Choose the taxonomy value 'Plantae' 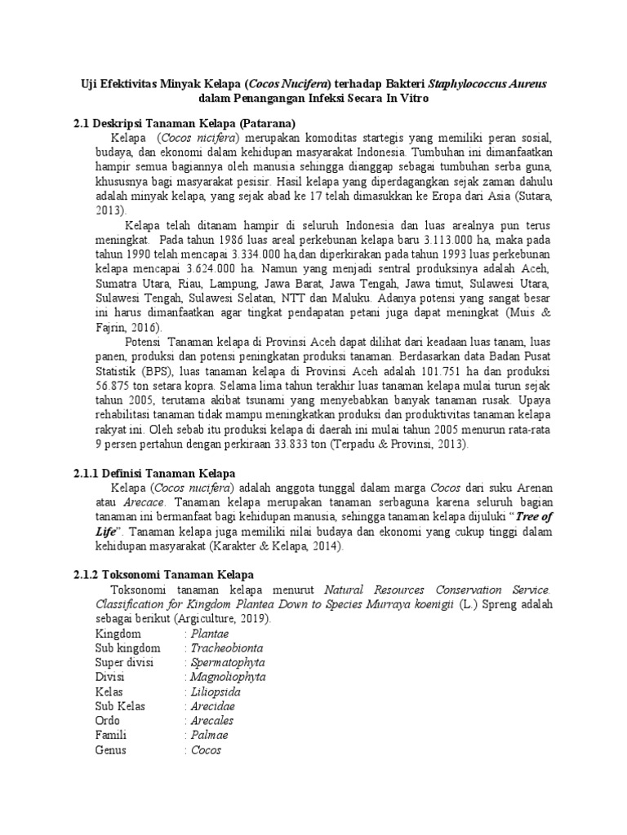[210, 634]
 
